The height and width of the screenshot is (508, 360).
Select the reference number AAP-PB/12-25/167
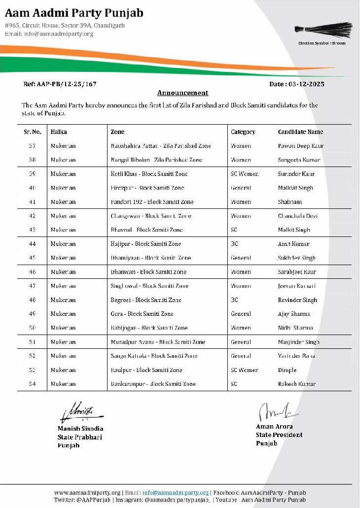(60, 84)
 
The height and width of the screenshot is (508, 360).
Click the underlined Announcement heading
(182, 93)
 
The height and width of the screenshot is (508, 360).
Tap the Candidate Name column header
(300, 132)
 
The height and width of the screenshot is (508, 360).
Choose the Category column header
(243, 132)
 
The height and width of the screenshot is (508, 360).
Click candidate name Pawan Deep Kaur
(301, 146)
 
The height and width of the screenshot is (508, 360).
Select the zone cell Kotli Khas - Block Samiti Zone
(149, 174)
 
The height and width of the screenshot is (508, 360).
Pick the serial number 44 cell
(33, 244)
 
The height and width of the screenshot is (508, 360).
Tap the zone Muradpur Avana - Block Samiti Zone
(158, 342)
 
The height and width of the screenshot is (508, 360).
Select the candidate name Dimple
(287, 370)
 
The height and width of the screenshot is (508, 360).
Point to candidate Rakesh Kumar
(296, 384)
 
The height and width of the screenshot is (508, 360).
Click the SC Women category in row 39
(245, 174)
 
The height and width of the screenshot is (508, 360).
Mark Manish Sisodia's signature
(79, 411)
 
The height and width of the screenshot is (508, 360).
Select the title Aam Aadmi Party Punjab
(74, 13)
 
